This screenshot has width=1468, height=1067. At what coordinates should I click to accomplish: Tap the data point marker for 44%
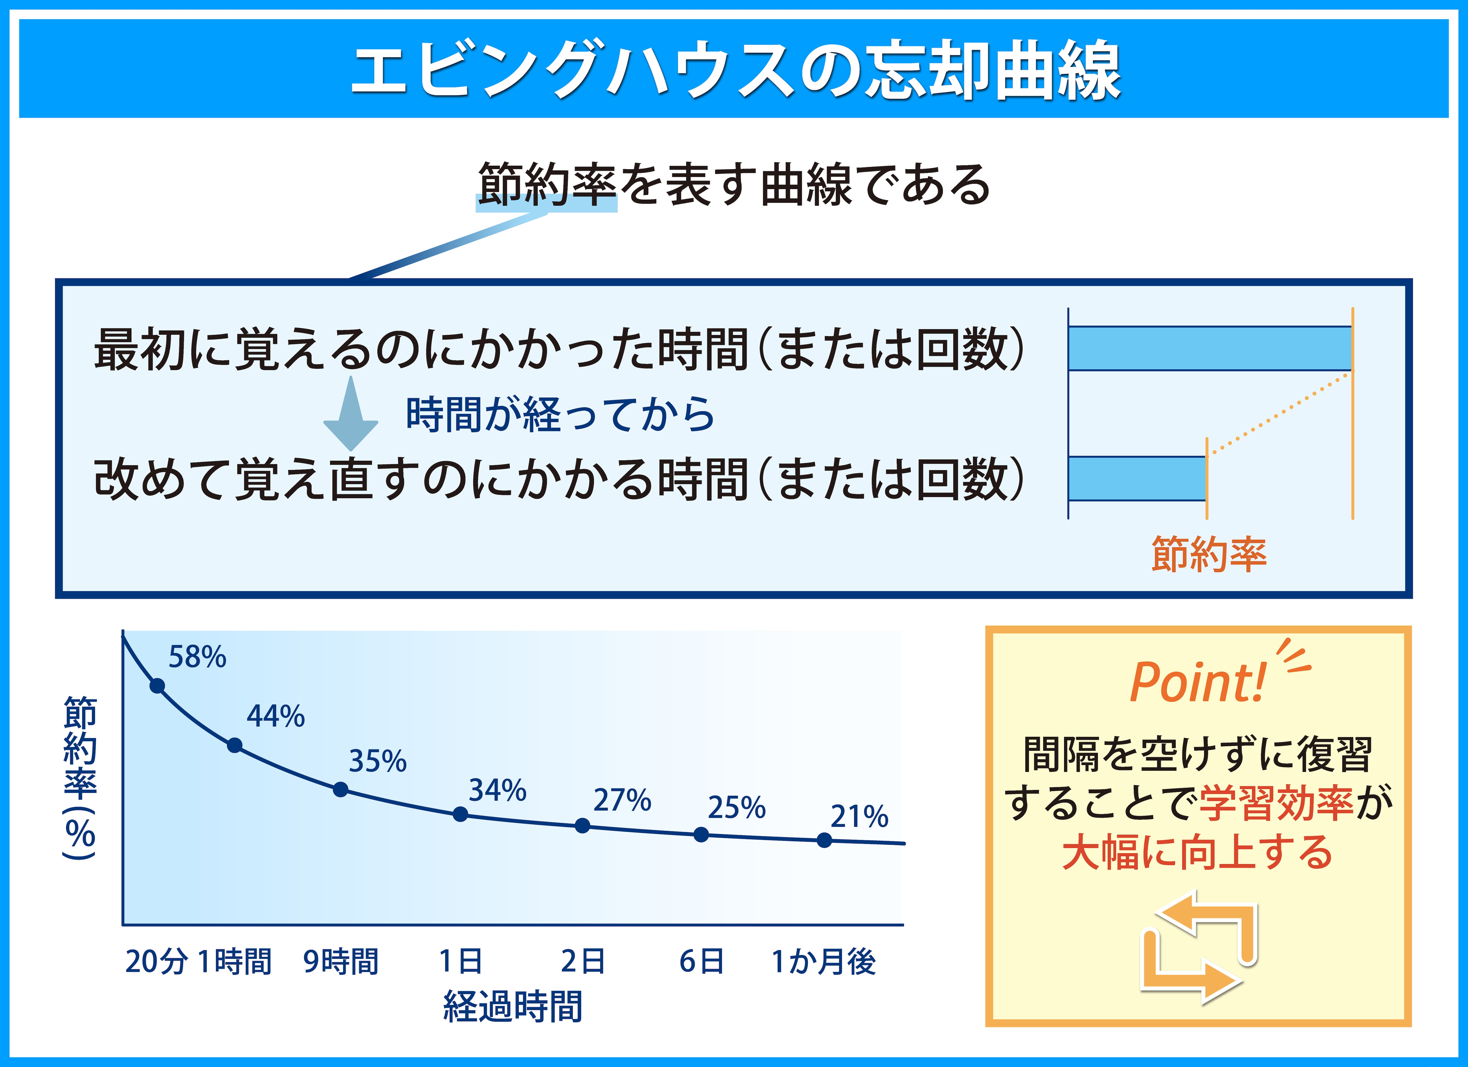[235, 745]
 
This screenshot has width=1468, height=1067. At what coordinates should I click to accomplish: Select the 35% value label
[378, 761]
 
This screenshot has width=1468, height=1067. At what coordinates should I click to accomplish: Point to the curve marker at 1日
[460, 814]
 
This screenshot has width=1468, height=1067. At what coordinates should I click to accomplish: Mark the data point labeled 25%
[701, 834]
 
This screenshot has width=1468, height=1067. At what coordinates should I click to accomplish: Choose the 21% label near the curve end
[860, 817]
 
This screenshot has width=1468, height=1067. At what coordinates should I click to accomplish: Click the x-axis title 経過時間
[513, 1007]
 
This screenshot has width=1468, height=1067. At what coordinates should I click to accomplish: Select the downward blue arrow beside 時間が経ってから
[351, 413]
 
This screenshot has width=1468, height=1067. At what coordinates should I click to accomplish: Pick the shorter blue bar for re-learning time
[1137, 479]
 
